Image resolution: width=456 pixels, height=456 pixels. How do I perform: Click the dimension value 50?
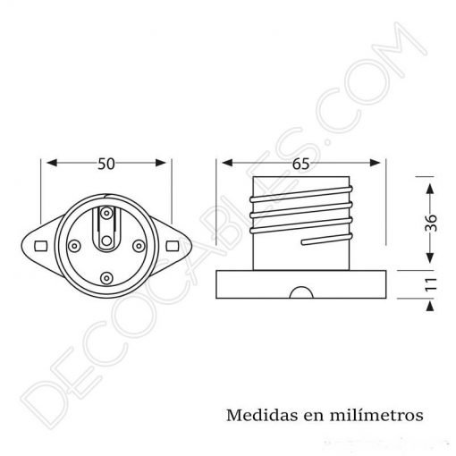pos(107,164)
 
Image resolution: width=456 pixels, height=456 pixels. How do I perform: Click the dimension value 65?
pos(301,164)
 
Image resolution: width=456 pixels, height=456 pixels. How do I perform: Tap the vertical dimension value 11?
pos(431,285)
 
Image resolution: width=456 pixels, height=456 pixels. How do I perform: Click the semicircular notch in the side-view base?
pos(301,293)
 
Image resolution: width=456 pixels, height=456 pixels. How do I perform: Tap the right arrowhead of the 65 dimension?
pos(380,164)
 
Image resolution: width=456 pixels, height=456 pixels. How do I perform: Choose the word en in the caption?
pos(309,416)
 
